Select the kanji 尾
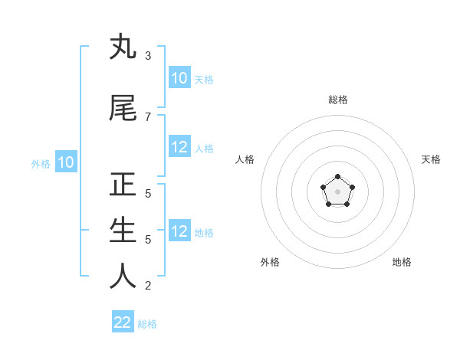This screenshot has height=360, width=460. (x=123, y=108)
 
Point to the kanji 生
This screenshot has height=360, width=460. (x=123, y=231)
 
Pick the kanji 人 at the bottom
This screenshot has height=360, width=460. (x=123, y=277)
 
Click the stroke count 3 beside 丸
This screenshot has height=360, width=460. (x=147, y=56)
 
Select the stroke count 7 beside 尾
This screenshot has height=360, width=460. (x=147, y=116)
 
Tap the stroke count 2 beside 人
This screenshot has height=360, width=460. (x=147, y=286)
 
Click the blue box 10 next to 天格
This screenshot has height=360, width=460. (x=179, y=78)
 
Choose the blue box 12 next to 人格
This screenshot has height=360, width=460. (x=179, y=147)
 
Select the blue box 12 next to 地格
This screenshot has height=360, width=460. (x=179, y=231)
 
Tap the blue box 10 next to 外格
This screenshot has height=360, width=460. (x=66, y=162)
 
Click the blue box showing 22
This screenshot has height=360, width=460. (x=123, y=322)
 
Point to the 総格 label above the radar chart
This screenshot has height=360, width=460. (x=338, y=100)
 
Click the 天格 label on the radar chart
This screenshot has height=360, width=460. (x=431, y=159)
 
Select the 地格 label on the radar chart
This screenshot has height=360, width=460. (x=402, y=262)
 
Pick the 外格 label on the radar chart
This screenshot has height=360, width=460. (x=270, y=262)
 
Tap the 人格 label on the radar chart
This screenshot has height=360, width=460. (x=245, y=159)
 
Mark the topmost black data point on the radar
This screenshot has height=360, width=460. (x=337, y=177)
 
